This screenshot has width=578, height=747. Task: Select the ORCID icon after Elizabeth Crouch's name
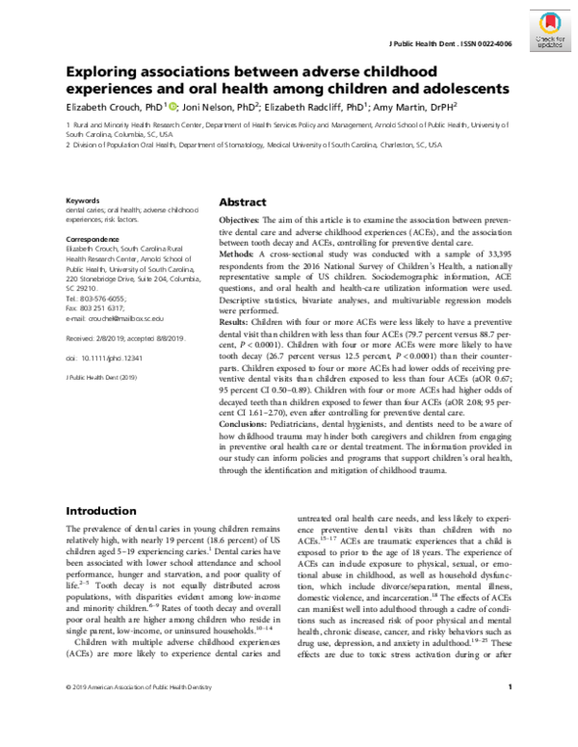(x=172, y=108)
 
